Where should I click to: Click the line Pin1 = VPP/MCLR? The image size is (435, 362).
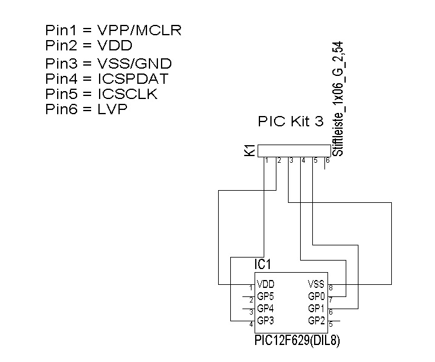[113, 30]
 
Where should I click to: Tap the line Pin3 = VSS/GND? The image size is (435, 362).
[108, 63]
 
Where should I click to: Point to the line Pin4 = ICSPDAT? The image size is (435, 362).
[106, 79]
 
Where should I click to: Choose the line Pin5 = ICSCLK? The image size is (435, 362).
[101, 94]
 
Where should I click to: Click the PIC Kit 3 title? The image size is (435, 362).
[291, 121]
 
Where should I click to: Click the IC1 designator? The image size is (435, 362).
[262, 265]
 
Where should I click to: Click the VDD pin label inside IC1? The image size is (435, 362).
[266, 284]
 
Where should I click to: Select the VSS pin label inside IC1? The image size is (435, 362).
[317, 284]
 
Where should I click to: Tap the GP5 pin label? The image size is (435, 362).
[266, 296]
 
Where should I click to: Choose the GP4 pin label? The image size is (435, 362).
[266, 309]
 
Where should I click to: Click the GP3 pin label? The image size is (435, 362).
[266, 321]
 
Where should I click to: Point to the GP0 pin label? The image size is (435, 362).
[317, 296]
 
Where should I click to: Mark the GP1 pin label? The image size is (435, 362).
[317, 309]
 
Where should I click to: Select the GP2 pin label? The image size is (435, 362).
[317, 321]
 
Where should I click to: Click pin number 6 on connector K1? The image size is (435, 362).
[327, 161]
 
